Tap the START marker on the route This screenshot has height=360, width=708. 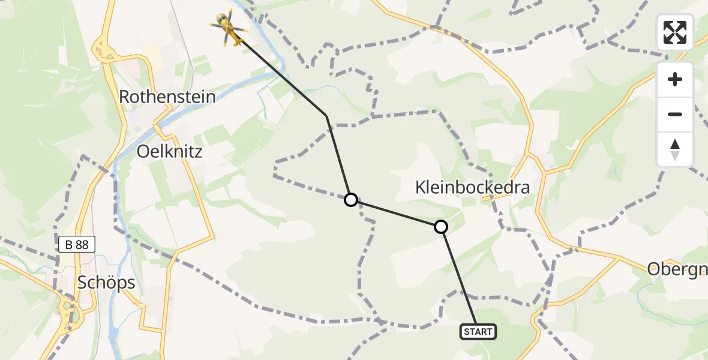click(x=478, y=331)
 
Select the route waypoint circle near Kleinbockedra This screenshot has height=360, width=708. click(x=441, y=227)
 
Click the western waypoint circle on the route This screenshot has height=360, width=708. click(x=351, y=199)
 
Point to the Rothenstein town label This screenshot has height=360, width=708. click(x=167, y=97)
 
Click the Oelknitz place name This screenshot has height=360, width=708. click(x=169, y=151)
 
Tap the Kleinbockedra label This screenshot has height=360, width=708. click(x=473, y=188)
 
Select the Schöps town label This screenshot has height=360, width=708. click(x=106, y=283)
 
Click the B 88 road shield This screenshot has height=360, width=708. click(x=77, y=244)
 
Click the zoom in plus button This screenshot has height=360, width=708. click(x=675, y=79)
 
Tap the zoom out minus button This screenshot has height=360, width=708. click(x=675, y=114)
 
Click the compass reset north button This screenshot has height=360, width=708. click(x=675, y=149)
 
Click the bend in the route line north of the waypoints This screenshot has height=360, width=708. click(x=327, y=115)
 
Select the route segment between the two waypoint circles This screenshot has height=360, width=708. click(x=396, y=213)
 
